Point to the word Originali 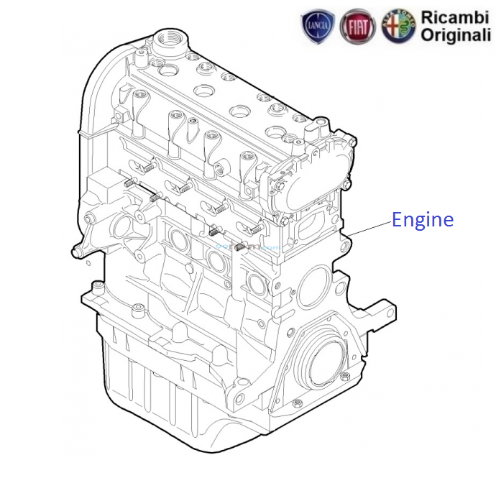coord(456,35)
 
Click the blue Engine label coord(423,220)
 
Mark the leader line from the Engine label coord(367,229)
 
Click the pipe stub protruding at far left coord(77,251)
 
